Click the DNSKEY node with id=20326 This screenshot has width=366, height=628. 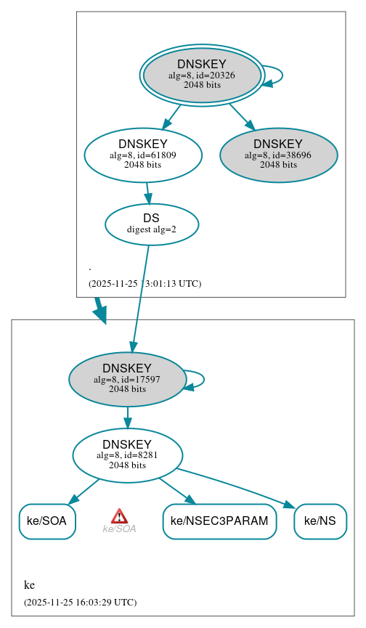tap(202, 75)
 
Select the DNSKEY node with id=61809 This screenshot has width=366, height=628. tap(143, 155)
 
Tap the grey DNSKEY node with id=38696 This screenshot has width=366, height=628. tap(278, 155)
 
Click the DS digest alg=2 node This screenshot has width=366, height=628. tap(152, 224)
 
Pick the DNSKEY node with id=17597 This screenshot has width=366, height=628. tap(127, 379)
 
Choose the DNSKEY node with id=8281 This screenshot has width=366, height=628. tap(127, 455)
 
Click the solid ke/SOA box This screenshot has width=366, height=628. tap(47, 521)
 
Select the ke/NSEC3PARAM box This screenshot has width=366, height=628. tap(219, 521)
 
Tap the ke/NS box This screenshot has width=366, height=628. tap(320, 521)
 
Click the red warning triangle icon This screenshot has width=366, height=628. tap(119, 516)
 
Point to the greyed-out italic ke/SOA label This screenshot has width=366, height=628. tap(119, 529)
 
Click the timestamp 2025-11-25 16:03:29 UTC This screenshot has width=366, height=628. tap(80, 602)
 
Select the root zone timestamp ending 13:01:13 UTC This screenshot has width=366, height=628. tap(145, 284)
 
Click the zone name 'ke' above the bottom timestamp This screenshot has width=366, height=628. tap(29, 585)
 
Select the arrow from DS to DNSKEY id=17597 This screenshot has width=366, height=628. tap(140, 298)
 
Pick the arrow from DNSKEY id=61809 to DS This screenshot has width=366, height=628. tap(147, 192)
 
